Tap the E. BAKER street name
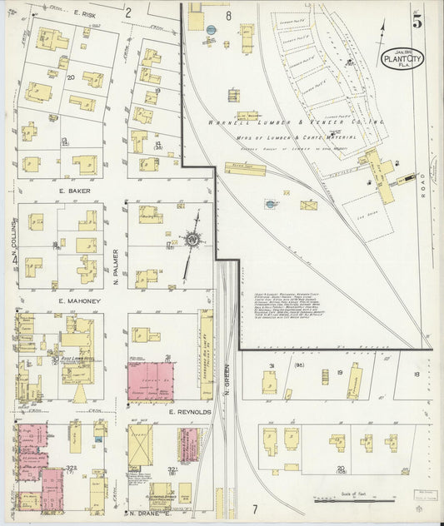point(74,191)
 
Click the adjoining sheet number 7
point(256,508)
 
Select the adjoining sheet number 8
point(227,15)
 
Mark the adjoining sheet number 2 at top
point(128,12)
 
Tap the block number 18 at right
point(417,375)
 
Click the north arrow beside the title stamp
point(382,33)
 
